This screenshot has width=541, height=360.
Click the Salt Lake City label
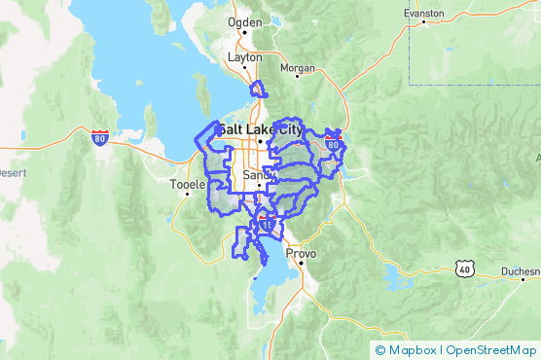pos(260,128)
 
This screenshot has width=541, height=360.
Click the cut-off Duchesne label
pos(520,271)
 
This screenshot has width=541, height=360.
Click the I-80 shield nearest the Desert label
pos(100,137)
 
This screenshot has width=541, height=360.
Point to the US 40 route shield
pos(464,267)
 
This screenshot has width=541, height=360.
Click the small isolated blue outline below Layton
pos(259,91)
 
